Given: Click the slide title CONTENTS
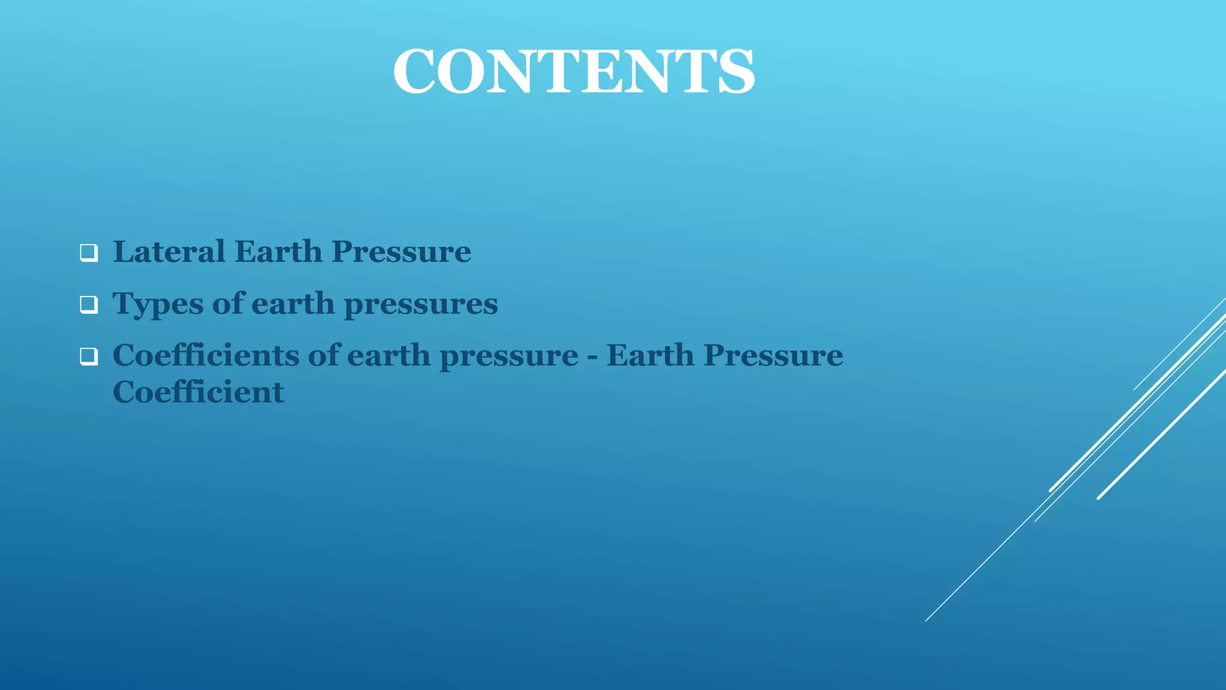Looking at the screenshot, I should click(573, 72).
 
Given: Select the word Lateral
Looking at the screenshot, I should click(169, 252).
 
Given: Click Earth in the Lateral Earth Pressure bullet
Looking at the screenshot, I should click(278, 252).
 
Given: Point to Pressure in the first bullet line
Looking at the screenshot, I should click(401, 252).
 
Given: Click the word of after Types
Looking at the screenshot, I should click(229, 303).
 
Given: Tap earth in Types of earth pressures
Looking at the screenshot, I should click(293, 304).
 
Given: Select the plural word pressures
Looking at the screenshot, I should click(421, 304).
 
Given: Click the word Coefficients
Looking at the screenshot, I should click(206, 355).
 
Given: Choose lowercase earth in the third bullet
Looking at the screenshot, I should click(389, 356).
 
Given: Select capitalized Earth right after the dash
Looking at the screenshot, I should click(650, 355).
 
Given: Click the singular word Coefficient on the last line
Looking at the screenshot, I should click(198, 392).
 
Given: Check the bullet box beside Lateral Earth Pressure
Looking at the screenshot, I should click(89, 253).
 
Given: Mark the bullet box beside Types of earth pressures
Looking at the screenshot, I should click(89, 305).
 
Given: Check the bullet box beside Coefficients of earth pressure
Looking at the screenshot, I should click(89, 357).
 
